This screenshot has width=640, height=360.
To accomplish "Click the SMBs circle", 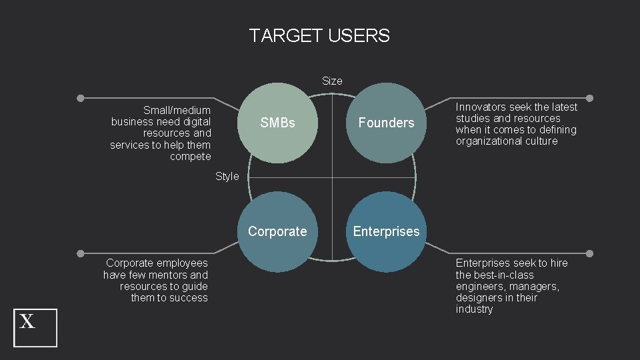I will point(277,123).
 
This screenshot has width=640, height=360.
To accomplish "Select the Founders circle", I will point(386,123).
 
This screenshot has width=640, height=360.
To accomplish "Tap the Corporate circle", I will point(277,231).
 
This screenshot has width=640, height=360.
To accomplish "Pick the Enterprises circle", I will point(386,231).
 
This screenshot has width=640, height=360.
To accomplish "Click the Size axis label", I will point(332,81).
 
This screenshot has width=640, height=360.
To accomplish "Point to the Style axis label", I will point(227,177).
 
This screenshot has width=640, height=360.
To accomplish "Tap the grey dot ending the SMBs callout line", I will point(80,98).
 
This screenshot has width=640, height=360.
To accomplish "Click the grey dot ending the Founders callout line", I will point(589,98).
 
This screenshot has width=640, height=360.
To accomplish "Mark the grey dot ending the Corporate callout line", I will point(80,254).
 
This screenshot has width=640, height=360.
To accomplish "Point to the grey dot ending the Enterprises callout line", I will point(589,254).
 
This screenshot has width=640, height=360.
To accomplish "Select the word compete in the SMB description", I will point(191,157).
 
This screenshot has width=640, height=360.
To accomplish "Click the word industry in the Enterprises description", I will point(474,309).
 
